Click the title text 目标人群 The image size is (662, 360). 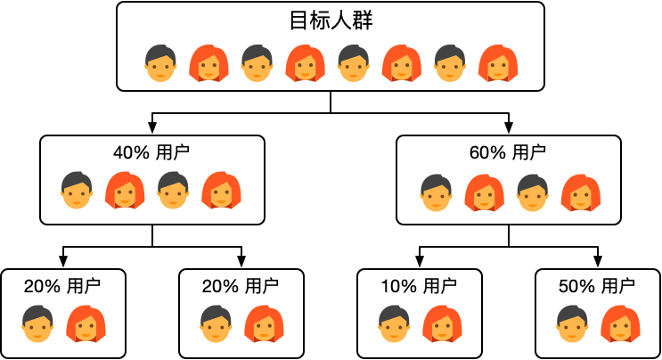(331, 21)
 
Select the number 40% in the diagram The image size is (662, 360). (130, 152)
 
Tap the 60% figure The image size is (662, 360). (486, 152)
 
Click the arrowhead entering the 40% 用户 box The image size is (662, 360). (152, 129)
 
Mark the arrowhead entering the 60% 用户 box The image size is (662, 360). (509, 129)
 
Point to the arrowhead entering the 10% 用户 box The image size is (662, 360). (420, 263)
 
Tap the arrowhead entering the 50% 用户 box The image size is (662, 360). (598, 263)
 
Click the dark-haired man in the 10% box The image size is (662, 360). (394, 323)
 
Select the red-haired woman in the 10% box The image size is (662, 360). (442, 323)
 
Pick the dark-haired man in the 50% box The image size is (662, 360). (572, 323)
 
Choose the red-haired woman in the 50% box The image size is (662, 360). (620, 323)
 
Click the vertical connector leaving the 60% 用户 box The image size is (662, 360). (509, 235)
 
